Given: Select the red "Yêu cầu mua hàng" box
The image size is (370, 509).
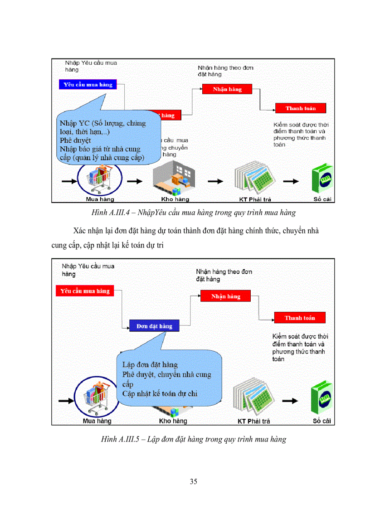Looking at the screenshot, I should (x=85, y=291).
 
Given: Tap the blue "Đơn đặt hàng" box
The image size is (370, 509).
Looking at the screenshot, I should (x=154, y=326).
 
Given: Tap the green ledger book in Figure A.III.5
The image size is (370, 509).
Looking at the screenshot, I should (x=322, y=399).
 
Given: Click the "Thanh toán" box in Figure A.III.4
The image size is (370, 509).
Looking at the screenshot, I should (x=301, y=108).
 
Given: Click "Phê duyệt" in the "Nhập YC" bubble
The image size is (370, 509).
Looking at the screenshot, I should (x=75, y=141).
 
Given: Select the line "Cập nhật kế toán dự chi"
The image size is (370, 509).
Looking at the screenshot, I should (x=160, y=393).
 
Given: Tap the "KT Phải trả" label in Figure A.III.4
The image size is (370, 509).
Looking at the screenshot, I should (x=255, y=199).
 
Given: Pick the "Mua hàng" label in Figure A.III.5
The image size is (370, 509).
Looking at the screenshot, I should (x=97, y=421).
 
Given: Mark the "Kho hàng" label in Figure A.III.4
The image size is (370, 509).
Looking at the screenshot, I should (x=175, y=199).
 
